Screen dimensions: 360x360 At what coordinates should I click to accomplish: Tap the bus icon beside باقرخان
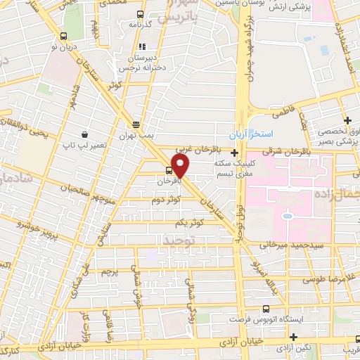pos(169,170)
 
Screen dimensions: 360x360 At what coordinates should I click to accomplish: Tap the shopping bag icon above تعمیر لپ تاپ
pos(84,134)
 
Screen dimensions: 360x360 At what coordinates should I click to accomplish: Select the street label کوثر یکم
pos(190,223)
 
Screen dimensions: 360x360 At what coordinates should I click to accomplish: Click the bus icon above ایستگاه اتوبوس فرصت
pos(265,309)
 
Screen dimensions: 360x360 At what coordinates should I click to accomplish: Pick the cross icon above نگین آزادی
pos(292,337)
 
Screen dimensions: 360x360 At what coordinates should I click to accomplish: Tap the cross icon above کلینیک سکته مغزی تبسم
pos(234,150)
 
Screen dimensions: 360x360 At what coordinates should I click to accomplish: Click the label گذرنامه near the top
pos(141,25)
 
